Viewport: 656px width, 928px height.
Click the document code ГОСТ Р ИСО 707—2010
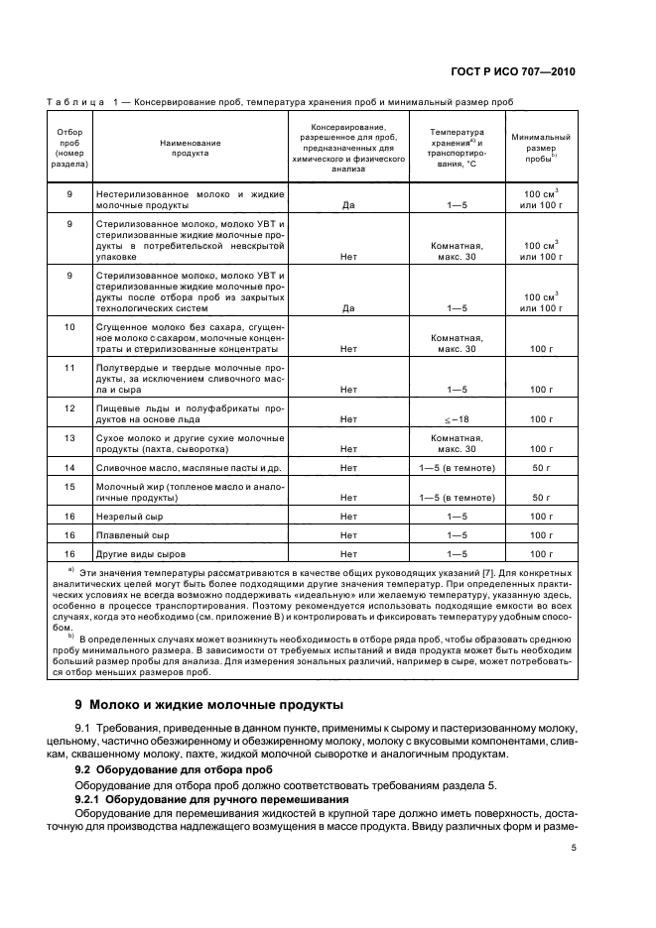click(516, 72)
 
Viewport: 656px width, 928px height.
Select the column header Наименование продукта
click(190, 149)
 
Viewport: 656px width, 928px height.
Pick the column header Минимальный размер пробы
click(540, 148)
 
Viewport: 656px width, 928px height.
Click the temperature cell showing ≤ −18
click(457, 419)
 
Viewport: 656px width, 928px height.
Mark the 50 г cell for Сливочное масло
click(540, 466)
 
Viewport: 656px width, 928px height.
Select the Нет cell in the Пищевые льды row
click(348, 419)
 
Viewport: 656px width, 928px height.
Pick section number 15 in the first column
click(69, 486)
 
